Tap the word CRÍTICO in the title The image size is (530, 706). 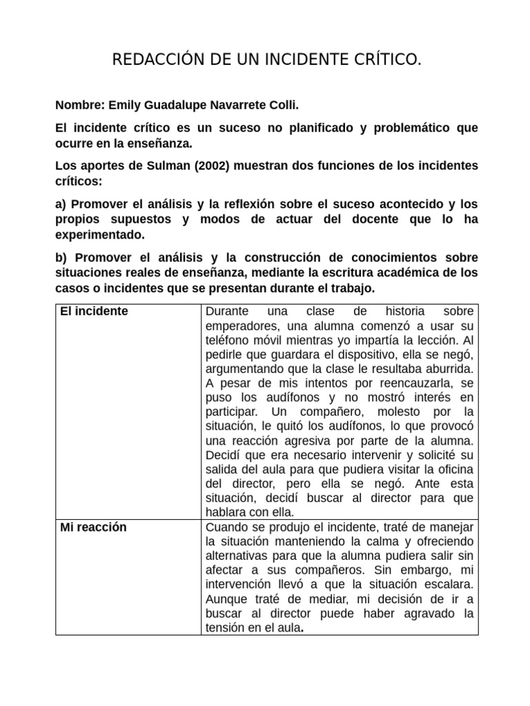point(386,62)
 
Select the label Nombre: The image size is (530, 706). point(79,106)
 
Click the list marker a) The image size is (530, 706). point(61,205)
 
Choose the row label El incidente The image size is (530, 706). point(94,311)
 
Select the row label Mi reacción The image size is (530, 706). point(93,527)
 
